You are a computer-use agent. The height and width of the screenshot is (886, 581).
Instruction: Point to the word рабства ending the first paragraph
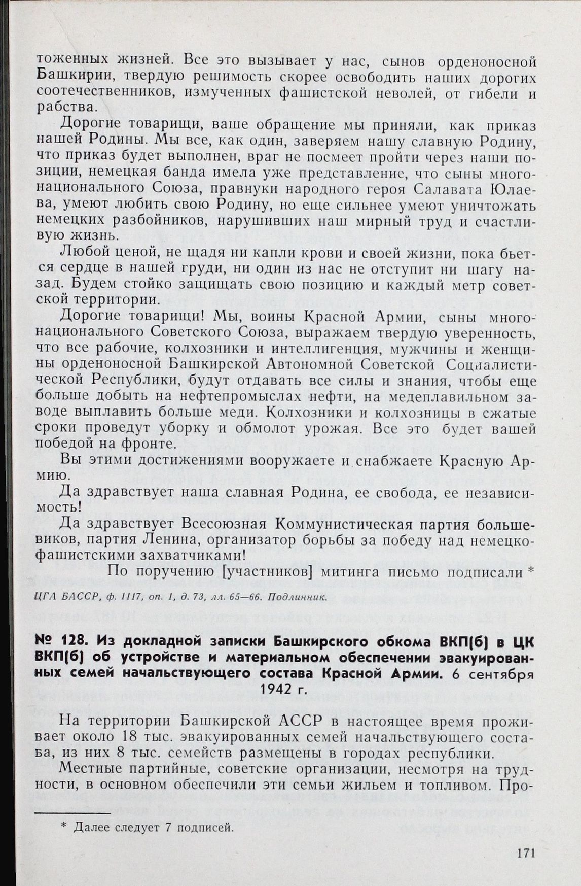point(66,109)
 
